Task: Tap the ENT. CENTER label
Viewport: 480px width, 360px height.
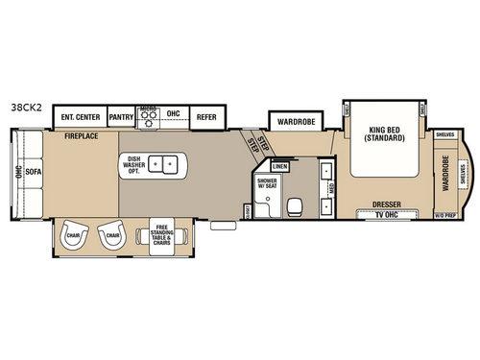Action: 81,116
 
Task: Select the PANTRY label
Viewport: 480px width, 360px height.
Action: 120,116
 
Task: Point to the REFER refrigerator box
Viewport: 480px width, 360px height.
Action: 205,116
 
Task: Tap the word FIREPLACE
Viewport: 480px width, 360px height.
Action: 84,138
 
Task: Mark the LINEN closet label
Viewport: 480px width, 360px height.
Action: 281,167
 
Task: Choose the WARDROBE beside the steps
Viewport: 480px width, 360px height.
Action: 292,122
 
